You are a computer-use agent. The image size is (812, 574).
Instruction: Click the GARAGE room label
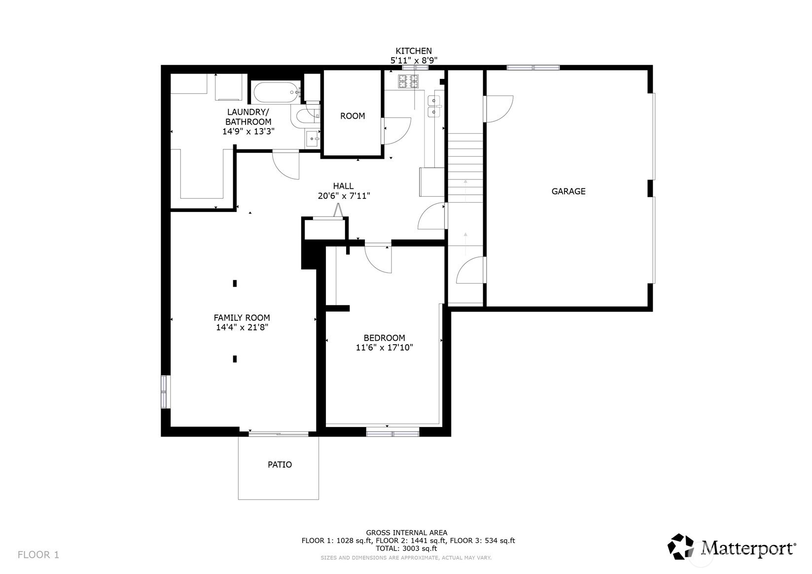568,191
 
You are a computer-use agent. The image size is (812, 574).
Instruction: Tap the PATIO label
280,465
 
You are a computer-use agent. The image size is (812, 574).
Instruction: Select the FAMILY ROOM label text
242,318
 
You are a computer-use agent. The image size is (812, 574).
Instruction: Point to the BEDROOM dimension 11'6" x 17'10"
384,347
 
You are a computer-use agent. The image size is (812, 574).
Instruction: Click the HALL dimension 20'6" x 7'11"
344,196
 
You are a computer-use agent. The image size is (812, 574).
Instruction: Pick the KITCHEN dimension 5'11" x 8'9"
414,60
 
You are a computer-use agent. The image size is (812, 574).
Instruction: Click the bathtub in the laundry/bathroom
276,93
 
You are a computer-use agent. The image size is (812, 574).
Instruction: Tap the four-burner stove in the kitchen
408,81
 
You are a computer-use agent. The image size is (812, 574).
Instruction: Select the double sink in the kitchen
434,106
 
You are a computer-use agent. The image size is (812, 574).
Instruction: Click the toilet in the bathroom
308,116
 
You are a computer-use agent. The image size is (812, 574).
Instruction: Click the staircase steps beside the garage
465,168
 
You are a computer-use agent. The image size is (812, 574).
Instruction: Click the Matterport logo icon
681,547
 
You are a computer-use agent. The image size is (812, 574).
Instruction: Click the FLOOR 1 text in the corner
38,555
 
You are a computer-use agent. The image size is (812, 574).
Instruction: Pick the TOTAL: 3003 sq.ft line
406,549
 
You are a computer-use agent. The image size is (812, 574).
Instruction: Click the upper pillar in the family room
235,284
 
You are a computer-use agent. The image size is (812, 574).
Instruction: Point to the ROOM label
353,116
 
